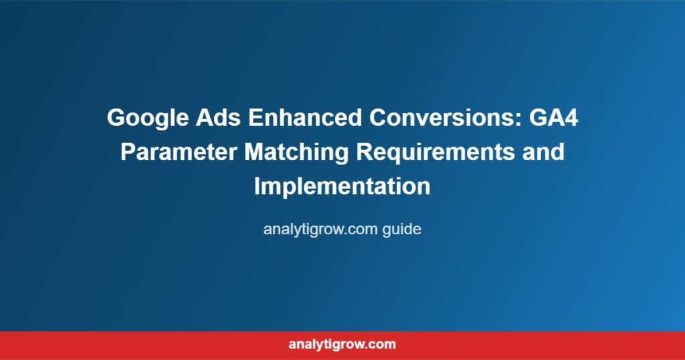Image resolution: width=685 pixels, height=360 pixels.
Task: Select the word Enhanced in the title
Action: (305, 118)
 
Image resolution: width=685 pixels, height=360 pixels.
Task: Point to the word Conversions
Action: (445, 118)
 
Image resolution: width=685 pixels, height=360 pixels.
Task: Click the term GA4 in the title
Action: (553, 118)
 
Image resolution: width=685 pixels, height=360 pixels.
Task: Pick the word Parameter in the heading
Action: (179, 152)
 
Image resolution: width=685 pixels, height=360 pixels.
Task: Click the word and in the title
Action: (543, 152)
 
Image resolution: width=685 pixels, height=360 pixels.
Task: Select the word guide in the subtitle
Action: (402, 230)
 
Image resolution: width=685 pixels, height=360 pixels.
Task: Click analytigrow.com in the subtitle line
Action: (320, 230)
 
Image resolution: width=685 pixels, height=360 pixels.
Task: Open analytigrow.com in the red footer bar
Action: (342, 344)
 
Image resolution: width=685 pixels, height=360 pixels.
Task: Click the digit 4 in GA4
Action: (571, 118)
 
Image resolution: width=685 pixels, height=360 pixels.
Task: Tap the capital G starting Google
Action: (116, 118)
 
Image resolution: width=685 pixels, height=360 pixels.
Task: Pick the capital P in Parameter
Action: (128, 152)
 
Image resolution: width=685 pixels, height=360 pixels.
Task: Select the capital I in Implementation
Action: (258, 186)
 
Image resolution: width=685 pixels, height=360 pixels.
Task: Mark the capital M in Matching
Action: (254, 152)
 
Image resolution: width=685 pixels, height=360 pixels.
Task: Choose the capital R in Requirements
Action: (365, 152)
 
